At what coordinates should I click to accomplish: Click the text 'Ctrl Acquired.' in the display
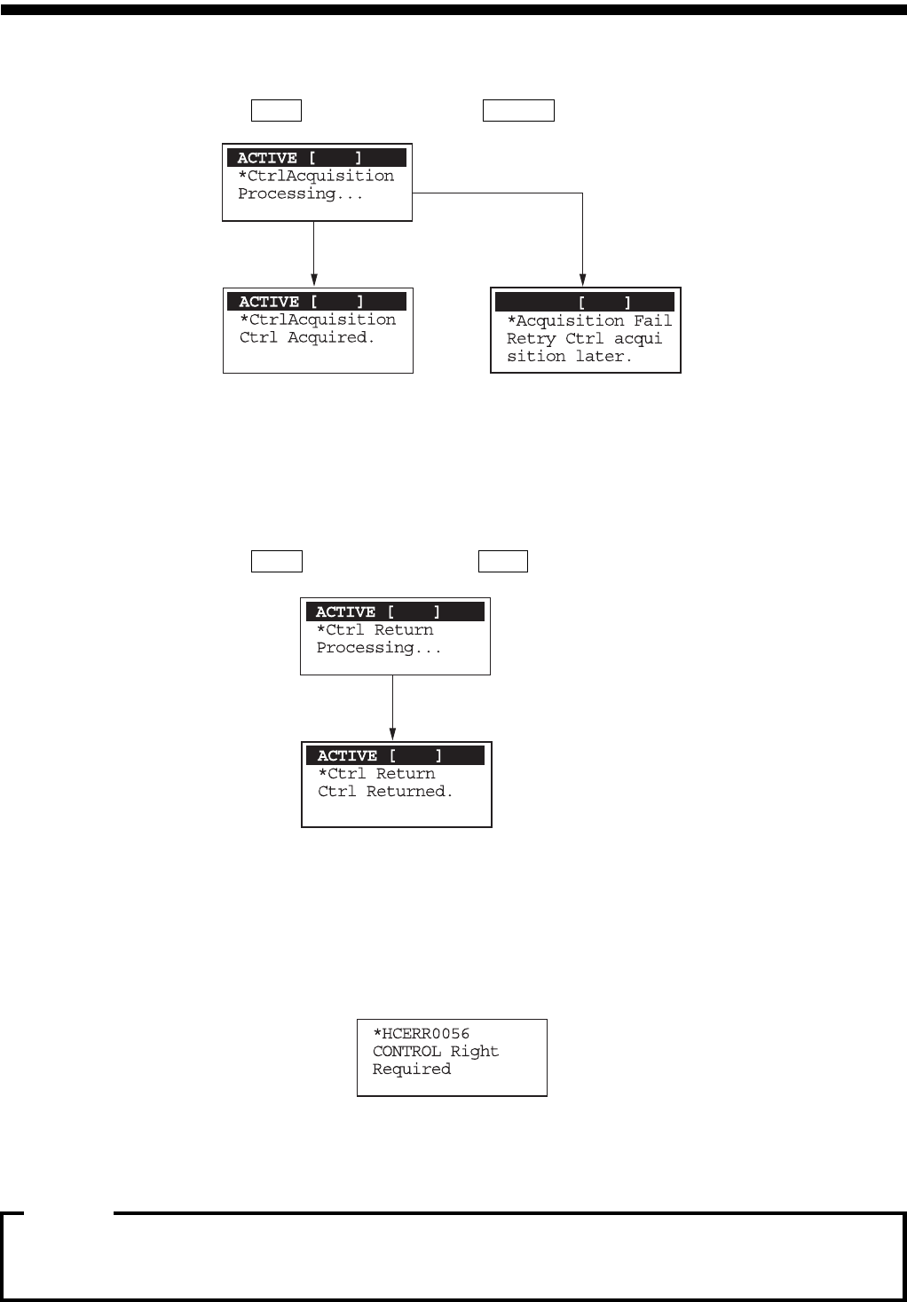[x=307, y=337]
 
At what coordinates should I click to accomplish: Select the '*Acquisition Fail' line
[x=589, y=320]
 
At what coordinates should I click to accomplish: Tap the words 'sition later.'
[x=569, y=356]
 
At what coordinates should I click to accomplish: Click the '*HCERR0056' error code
[x=422, y=1033]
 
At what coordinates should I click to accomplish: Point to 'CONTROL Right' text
[x=436, y=1051]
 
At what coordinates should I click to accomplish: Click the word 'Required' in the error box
[x=412, y=1069]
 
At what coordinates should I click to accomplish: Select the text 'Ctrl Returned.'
[x=385, y=791]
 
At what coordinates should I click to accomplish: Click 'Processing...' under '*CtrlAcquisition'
[x=300, y=193]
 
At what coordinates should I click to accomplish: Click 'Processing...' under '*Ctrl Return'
[x=379, y=648]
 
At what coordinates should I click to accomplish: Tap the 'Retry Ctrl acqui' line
[x=584, y=338]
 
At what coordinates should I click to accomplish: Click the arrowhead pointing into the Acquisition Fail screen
[x=582, y=280]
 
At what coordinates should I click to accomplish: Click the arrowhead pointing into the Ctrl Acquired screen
[x=313, y=280]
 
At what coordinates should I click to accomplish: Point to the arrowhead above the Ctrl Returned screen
[x=392, y=734]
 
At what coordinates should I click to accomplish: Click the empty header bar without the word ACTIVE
[x=585, y=302]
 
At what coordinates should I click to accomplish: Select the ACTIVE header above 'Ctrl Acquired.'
[x=317, y=302]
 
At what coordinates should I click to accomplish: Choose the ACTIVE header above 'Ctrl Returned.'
[x=395, y=755]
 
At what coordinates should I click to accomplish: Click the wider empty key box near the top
[x=518, y=110]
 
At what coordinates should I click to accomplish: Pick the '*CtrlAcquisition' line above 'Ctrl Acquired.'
[x=318, y=320]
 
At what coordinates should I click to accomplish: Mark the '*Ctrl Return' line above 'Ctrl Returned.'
[x=377, y=773]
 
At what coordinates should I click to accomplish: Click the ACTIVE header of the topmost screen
[x=317, y=158]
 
